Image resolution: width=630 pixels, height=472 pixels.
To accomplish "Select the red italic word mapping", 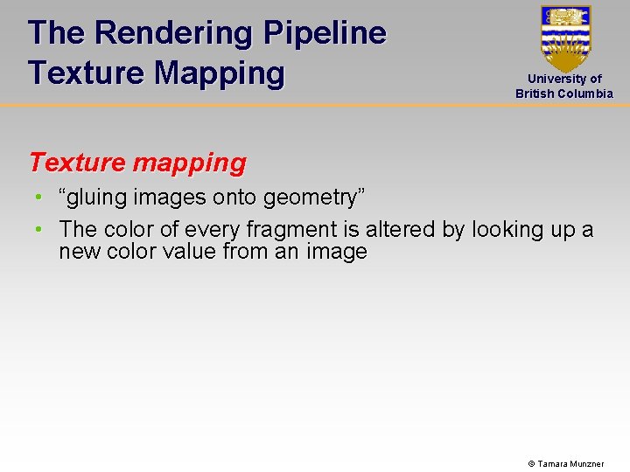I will [x=191, y=163].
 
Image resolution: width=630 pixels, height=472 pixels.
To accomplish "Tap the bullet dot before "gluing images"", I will [x=40, y=198].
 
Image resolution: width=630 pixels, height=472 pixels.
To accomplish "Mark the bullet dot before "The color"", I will [x=40, y=230].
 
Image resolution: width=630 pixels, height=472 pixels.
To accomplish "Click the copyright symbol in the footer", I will [x=531, y=463].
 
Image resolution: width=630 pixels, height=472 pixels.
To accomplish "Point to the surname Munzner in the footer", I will [x=588, y=463].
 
